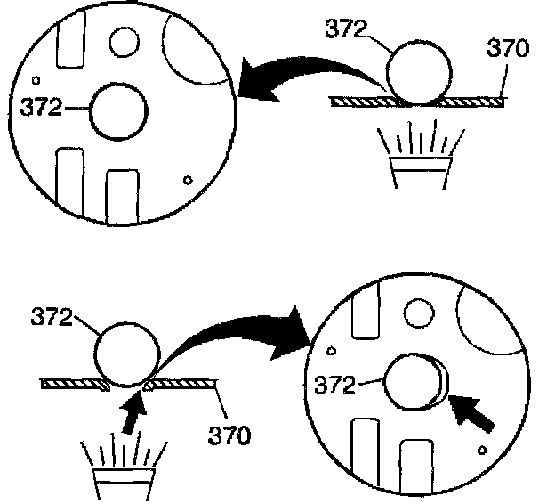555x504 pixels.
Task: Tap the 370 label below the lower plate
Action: point(230,436)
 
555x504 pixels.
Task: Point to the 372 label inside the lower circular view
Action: point(336,386)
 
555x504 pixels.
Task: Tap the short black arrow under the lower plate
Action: point(130,412)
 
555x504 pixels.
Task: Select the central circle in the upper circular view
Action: point(118,111)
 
